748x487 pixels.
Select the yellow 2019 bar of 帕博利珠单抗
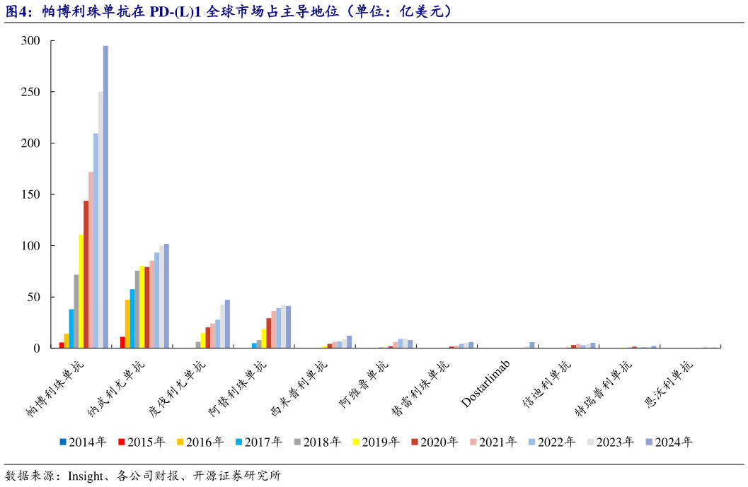[81, 291]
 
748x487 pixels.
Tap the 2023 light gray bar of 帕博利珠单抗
[100, 219]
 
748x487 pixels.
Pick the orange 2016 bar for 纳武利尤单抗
[127, 324]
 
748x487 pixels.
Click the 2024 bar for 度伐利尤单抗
[227, 324]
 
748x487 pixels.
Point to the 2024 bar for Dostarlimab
[531, 345]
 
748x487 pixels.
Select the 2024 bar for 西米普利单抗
[349, 341]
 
